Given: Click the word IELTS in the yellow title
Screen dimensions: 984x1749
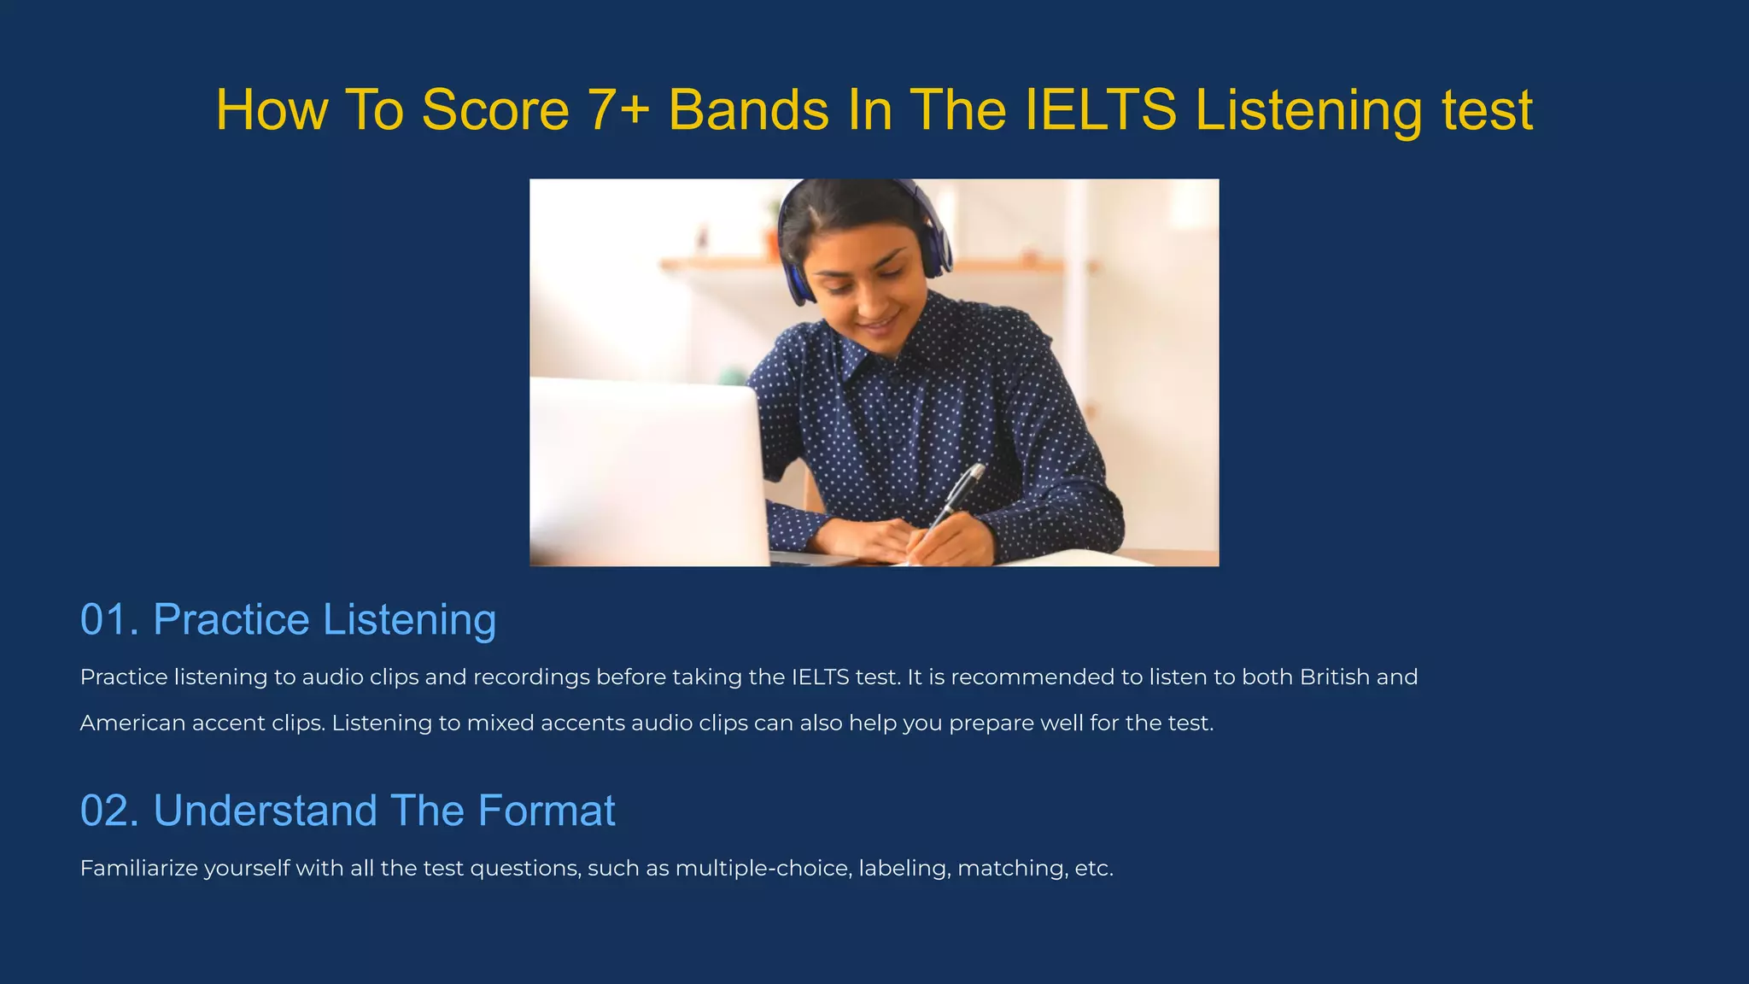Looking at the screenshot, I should [1100, 110].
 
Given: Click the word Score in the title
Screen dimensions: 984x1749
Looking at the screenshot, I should [495, 110].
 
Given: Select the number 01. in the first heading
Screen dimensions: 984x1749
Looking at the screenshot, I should [109, 619].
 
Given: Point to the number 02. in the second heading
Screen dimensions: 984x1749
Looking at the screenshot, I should [109, 811].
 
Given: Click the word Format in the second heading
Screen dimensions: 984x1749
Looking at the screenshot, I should [547, 811].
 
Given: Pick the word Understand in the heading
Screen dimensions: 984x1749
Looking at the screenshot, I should [265, 811].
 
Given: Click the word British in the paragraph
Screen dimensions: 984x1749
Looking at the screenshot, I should [1334, 677].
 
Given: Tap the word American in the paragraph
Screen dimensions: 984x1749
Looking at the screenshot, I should [132, 723].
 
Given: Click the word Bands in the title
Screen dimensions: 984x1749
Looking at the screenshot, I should [748, 110].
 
